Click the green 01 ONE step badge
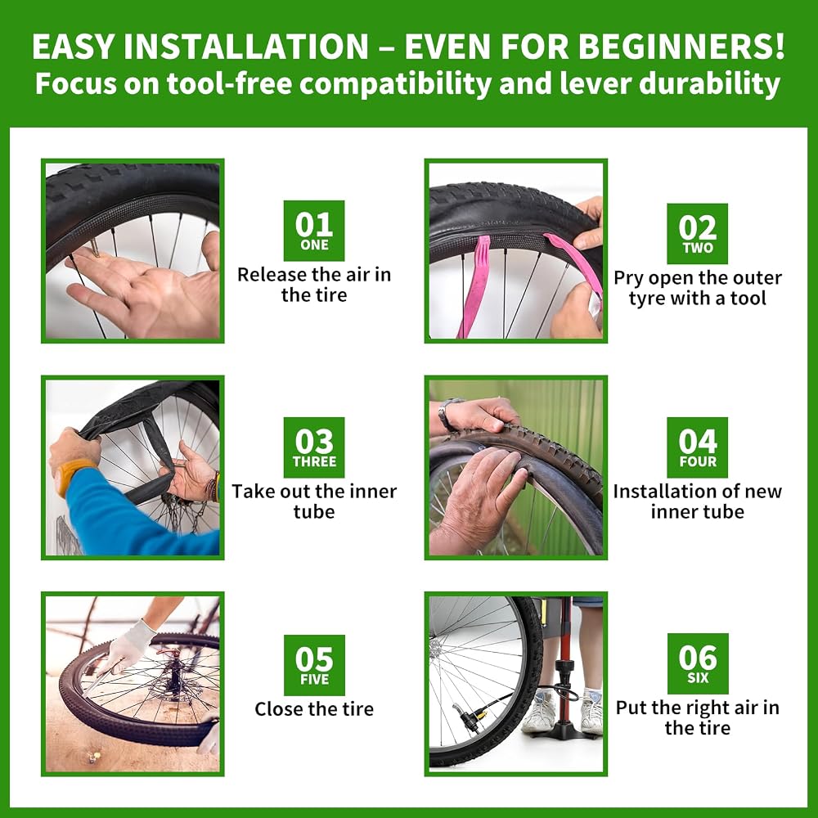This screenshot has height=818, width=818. tap(314, 231)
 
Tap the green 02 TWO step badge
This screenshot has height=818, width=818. tap(698, 234)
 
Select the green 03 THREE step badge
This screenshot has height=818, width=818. tap(314, 447)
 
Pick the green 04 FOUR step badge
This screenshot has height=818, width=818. tap(698, 447)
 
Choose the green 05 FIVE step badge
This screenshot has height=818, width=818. tap(314, 665)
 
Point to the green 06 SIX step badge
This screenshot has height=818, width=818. tap(698, 663)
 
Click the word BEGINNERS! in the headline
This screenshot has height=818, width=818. tap(681, 47)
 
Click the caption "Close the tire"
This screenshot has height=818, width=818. tap(314, 709)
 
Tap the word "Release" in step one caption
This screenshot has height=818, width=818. tap(272, 275)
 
